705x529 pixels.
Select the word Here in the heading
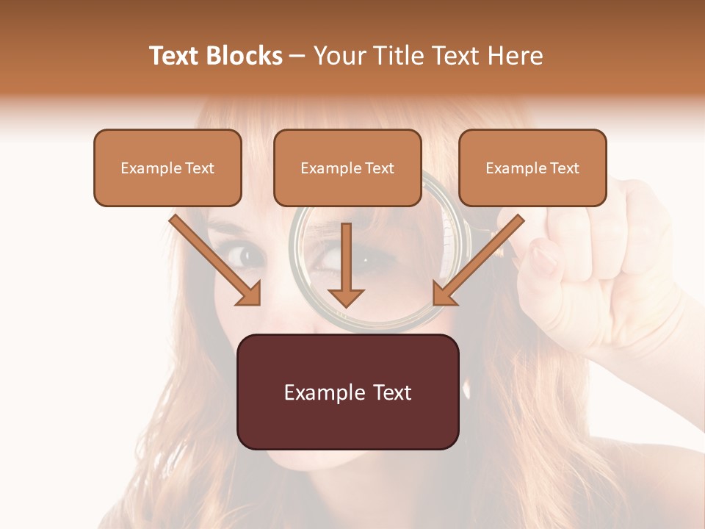(516, 56)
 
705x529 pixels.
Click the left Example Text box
(167, 168)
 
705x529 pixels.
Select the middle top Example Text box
(347, 168)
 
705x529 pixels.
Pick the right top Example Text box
(532, 168)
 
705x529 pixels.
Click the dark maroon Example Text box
(348, 392)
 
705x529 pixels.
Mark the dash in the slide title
(297, 57)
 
